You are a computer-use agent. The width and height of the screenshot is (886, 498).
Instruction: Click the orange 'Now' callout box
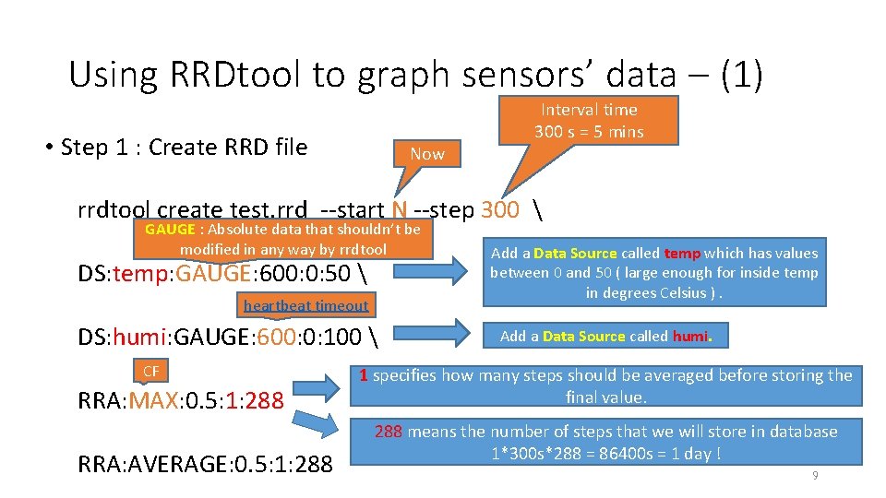(x=427, y=154)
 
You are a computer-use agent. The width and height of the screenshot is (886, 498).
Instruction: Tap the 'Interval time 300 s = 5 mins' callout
(x=589, y=121)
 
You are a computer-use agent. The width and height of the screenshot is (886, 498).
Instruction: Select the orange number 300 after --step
(x=500, y=209)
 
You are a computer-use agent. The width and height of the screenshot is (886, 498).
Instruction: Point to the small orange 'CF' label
(x=151, y=371)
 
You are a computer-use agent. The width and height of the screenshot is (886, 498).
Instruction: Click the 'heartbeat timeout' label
(x=305, y=305)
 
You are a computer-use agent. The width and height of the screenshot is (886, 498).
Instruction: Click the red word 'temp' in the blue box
(x=682, y=253)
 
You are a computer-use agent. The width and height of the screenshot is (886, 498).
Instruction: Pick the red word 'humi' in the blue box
(x=689, y=336)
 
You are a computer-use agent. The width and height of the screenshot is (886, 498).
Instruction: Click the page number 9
(x=815, y=475)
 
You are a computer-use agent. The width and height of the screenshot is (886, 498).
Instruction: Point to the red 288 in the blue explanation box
(x=388, y=432)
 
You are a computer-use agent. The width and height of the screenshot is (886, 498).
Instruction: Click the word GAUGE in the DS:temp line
(x=212, y=273)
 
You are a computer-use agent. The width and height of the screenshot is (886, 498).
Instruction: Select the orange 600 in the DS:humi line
(x=276, y=338)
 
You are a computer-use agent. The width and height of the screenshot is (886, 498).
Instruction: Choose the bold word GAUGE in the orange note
(x=170, y=230)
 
